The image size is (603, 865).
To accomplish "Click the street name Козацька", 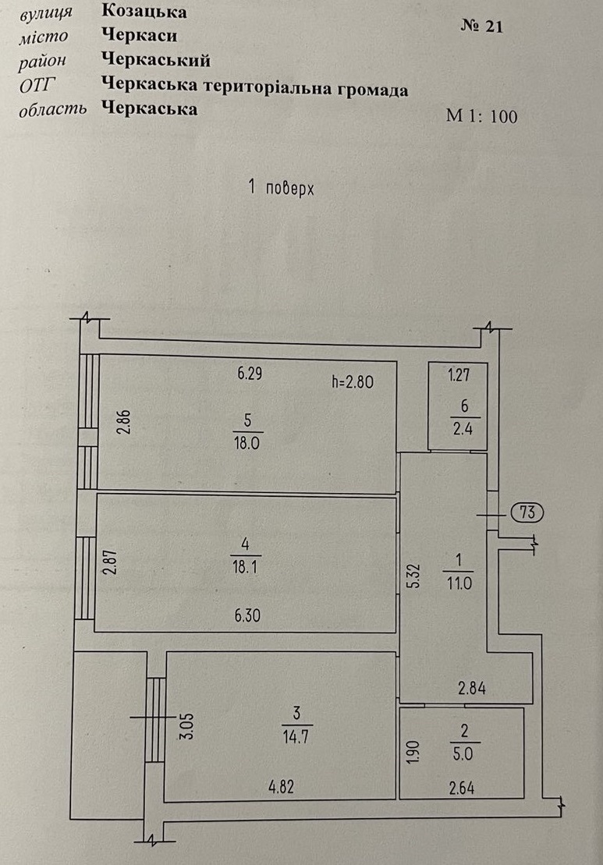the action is coord(144,12).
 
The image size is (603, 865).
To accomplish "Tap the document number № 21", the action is coord(481,27).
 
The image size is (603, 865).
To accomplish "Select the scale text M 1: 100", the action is coord(481,116).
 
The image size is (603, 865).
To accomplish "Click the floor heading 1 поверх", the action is coord(281,189).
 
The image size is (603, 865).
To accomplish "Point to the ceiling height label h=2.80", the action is coord(353,381).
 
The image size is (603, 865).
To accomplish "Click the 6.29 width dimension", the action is coord(250,374).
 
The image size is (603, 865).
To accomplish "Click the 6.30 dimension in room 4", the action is coord(247,615).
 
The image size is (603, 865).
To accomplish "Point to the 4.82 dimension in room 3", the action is coord(281,787).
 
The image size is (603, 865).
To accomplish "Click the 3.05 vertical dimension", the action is coord(187,726).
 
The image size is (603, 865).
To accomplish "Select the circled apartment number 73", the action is coord(527,512).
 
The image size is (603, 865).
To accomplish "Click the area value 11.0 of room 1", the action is coord(459,583).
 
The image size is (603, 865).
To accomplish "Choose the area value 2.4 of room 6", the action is coord(463,429).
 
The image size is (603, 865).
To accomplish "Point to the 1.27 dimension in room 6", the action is coord(459,375).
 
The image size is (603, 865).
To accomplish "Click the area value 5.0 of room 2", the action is coord(463,753).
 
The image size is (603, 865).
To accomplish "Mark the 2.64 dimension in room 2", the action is coord(461,788).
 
